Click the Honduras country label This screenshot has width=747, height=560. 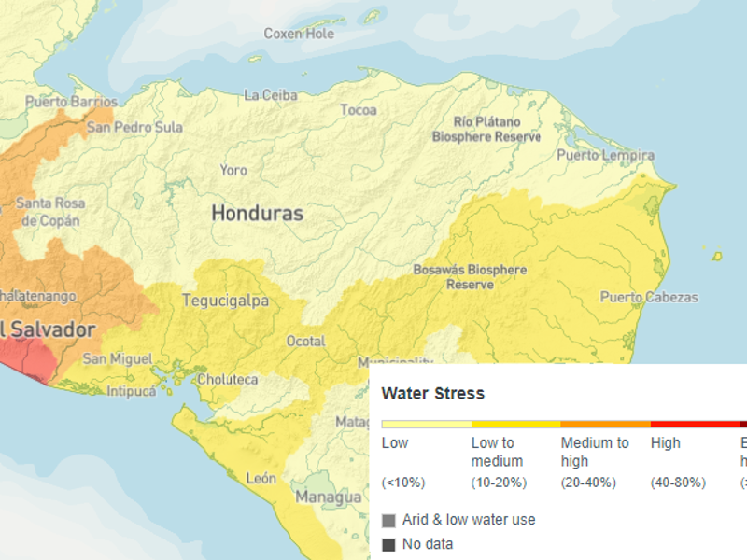(x=257, y=213)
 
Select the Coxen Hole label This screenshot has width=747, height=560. (x=299, y=34)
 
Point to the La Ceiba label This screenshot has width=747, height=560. (x=270, y=95)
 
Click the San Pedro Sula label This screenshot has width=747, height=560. (x=134, y=127)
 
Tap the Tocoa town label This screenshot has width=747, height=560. (x=359, y=110)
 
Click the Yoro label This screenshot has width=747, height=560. (x=233, y=171)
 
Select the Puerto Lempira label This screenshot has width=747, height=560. (x=605, y=155)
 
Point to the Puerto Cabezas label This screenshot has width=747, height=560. (x=648, y=298)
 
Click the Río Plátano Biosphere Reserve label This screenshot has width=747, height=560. (x=486, y=130)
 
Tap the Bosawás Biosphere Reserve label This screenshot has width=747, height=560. (x=470, y=277)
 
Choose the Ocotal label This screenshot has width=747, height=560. (x=305, y=342)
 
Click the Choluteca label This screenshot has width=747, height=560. (x=227, y=380)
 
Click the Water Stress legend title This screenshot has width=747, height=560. (x=432, y=394)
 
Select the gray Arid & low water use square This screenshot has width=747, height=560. (x=388, y=520)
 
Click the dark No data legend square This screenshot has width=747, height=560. (x=388, y=544)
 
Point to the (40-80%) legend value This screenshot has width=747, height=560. (x=678, y=483)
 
